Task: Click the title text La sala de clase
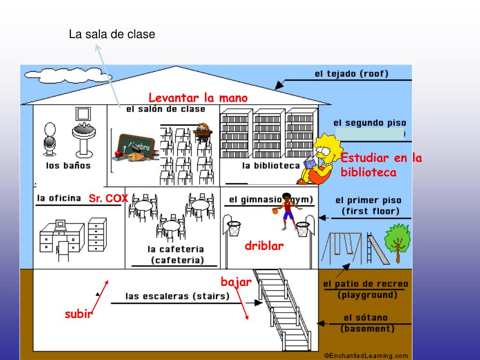(x=112, y=34)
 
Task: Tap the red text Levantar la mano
(x=198, y=98)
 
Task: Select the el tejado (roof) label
(x=351, y=74)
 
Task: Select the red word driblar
(x=264, y=246)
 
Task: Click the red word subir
(x=78, y=315)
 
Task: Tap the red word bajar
(x=236, y=282)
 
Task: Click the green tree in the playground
(x=397, y=240)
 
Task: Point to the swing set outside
(x=341, y=247)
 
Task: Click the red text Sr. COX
(x=108, y=199)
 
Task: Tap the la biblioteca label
(x=270, y=165)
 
